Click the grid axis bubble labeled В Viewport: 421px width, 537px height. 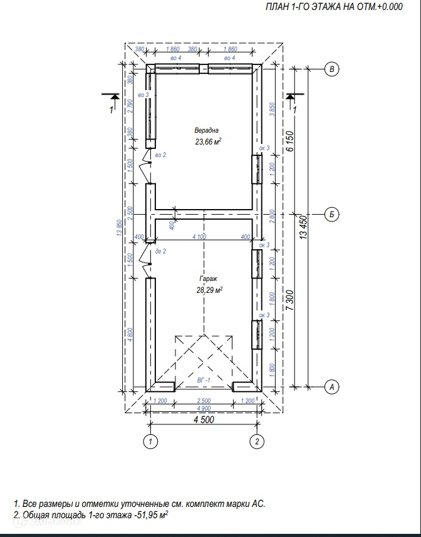pyautogui.click(x=333, y=69)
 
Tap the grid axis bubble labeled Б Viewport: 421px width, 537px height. pyautogui.click(x=333, y=215)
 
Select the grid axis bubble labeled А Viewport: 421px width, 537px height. pyautogui.click(x=333, y=388)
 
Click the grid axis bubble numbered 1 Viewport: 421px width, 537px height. pyautogui.click(x=150, y=442)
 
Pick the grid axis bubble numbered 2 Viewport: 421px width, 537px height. pyautogui.click(x=257, y=442)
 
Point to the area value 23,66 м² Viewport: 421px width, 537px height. pyautogui.click(x=209, y=141)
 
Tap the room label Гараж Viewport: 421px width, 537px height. pyautogui.click(x=209, y=279)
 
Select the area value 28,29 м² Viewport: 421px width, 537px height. pyautogui.click(x=210, y=290)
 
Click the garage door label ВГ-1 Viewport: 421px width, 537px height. pyautogui.click(x=204, y=379)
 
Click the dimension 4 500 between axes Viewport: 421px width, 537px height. pyautogui.click(x=204, y=420)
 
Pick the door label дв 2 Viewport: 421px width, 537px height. pyautogui.click(x=160, y=251)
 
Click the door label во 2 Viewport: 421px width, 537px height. pyautogui.click(x=160, y=155)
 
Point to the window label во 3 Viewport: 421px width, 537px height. pyautogui.click(x=142, y=95)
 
